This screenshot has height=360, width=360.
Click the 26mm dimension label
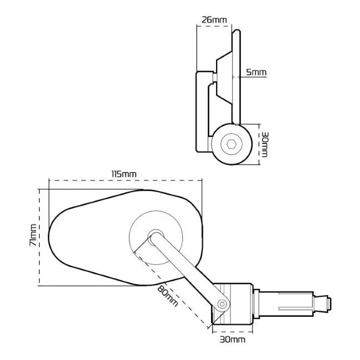[x=214, y=20]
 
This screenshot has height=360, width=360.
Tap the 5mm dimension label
[x=256, y=73]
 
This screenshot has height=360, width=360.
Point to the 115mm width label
[x=124, y=174]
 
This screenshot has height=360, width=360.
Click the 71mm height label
[x=34, y=235]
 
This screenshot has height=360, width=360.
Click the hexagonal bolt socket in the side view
[x=232, y=145]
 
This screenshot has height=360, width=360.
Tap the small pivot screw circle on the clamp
[x=222, y=303]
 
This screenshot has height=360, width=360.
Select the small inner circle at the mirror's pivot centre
[x=155, y=235]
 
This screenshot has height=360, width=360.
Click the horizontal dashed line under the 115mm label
[x=124, y=181]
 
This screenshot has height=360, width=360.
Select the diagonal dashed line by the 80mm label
[x=172, y=288]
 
